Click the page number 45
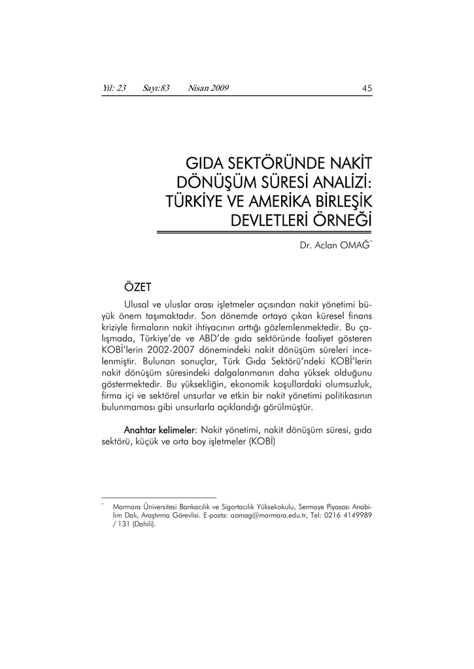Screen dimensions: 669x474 click(x=367, y=89)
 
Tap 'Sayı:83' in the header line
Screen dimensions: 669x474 click(x=156, y=88)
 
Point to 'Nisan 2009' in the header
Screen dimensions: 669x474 click(x=208, y=88)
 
